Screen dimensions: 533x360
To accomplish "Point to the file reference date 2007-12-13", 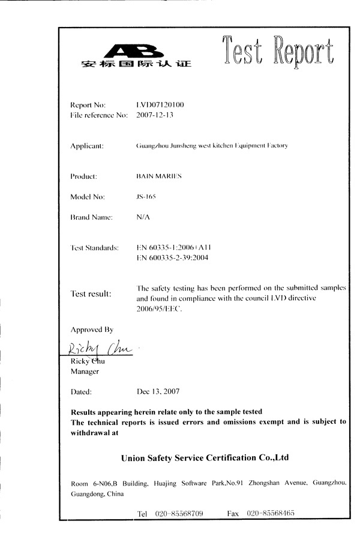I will pos(155,115).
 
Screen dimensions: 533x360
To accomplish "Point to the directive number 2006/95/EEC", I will pos(158,309).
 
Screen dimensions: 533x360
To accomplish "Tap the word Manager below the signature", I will pos(85,372).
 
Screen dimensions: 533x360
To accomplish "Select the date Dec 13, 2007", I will pos(158,391).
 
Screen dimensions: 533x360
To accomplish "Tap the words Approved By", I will pos(92,330).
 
